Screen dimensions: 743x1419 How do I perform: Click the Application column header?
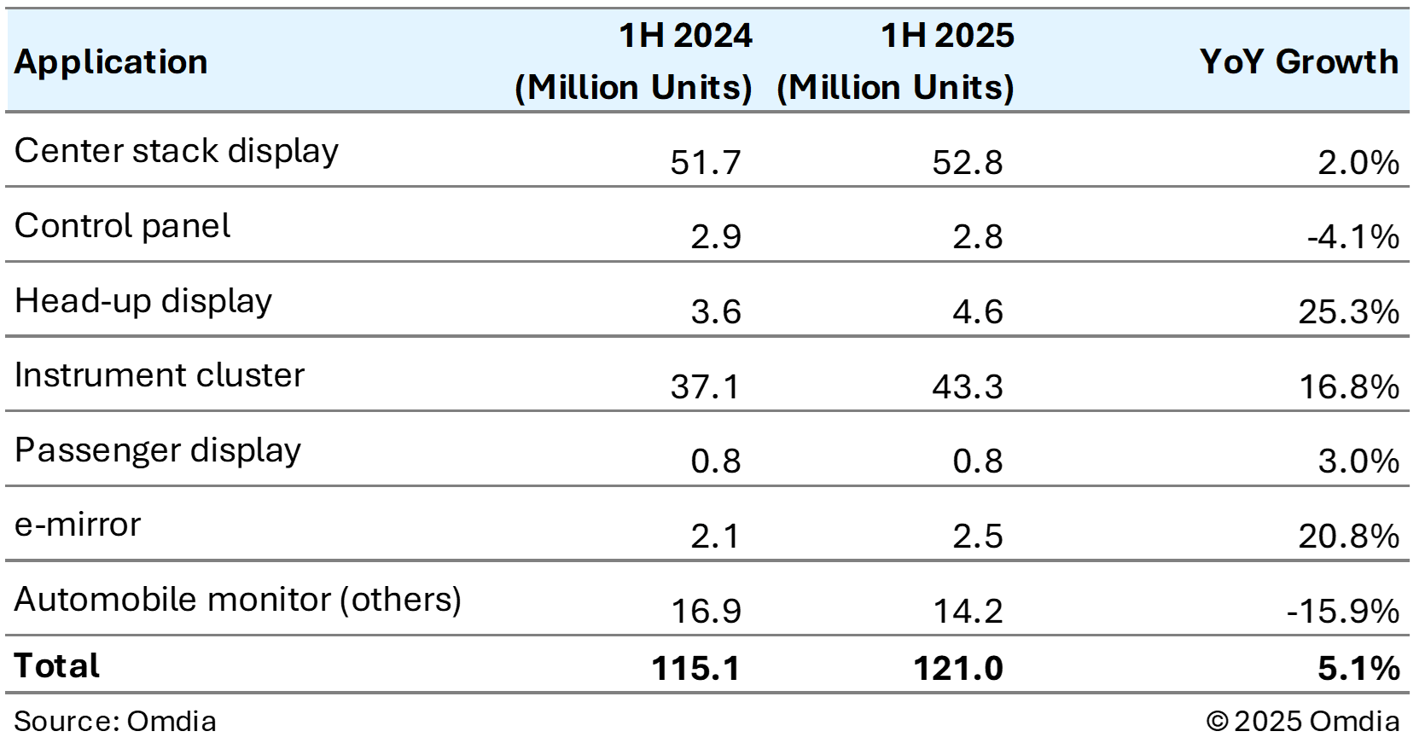point(111,62)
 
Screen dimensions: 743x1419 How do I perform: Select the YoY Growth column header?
point(1299,62)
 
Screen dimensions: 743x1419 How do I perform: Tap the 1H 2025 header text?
point(947,36)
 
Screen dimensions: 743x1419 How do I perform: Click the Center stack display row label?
point(177,151)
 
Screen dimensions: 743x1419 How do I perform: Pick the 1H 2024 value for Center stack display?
point(705,162)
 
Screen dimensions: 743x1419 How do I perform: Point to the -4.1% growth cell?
point(1352,237)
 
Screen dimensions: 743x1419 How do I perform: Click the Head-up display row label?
point(143,301)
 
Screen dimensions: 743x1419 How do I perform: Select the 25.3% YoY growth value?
point(1348,312)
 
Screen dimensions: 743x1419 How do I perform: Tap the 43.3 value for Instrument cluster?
point(967,387)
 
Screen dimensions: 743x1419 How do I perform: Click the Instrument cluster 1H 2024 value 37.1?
point(705,387)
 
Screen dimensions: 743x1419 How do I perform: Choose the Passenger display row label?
point(158,450)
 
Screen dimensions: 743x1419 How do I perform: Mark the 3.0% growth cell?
point(1358,461)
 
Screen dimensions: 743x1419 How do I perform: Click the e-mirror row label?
point(78,525)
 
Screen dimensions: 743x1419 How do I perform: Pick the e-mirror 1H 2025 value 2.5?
point(977,537)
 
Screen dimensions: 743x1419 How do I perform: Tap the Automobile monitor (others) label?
point(238,600)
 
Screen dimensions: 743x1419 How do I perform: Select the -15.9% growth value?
point(1342,612)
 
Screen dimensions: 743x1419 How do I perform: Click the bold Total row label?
point(57,666)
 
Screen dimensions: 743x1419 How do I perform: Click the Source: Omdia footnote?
point(115,722)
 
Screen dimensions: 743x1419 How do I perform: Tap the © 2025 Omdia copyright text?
point(1302,722)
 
